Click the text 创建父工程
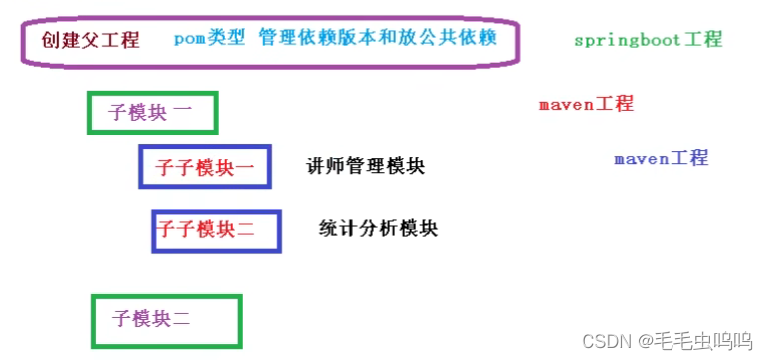[91, 40]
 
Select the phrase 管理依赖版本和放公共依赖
[377, 39]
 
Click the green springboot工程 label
[648, 40]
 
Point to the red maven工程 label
[586, 104]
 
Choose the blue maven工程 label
[661, 158]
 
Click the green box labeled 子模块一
[151, 113]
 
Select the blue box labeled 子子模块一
[204, 167]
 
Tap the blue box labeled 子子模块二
[216, 231]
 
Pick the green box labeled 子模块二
[165, 320]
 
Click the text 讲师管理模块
[366, 166]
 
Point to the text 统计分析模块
[378, 228]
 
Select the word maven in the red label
[566, 104]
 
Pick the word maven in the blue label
[641, 158]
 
